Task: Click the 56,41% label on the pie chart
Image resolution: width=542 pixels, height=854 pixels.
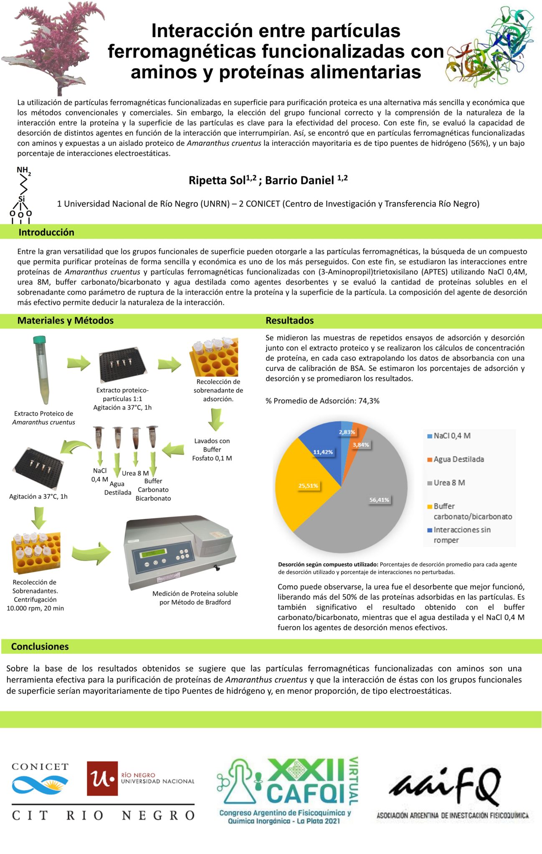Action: (379, 500)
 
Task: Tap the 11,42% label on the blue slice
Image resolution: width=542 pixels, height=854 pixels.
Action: (323, 452)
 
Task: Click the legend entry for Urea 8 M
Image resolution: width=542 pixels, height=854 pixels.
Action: (449, 483)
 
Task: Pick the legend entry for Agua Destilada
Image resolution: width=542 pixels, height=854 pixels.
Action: (458, 460)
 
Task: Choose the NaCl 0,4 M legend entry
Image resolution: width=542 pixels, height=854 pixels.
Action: (452, 436)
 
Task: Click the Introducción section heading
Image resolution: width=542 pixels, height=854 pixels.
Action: (46, 232)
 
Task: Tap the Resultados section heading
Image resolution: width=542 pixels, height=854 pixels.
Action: (289, 321)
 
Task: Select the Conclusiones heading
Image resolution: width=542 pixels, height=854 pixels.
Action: (40, 646)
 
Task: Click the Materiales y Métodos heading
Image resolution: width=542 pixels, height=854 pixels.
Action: (65, 321)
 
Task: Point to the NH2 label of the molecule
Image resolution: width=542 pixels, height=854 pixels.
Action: (23, 171)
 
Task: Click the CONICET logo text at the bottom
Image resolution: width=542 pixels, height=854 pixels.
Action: (40, 766)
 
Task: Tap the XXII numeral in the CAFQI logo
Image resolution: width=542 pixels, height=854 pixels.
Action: (306, 769)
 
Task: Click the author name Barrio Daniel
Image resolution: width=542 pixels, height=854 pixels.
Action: (299, 181)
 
